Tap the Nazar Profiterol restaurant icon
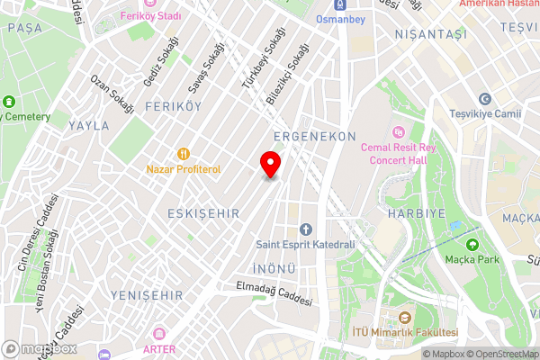point(184,154)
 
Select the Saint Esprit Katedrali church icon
point(305,229)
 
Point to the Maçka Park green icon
point(472,243)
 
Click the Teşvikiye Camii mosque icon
point(485,99)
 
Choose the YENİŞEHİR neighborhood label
point(146,295)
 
